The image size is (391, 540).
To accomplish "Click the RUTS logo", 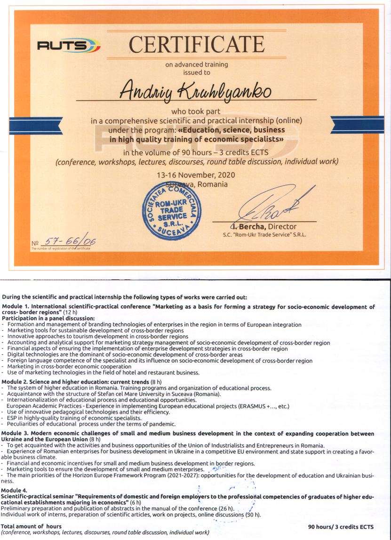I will tap(69, 46).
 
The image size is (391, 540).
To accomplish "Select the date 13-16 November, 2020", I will tap(196, 175).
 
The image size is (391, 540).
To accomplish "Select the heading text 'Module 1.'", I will tap(16, 307).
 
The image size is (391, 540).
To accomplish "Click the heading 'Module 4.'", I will tap(14, 491).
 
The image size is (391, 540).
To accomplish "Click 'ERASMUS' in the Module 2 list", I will tap(255, 406).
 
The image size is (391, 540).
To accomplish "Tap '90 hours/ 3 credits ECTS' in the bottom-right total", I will tap(341, 527).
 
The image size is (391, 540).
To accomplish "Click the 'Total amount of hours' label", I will tap(31, 526).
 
